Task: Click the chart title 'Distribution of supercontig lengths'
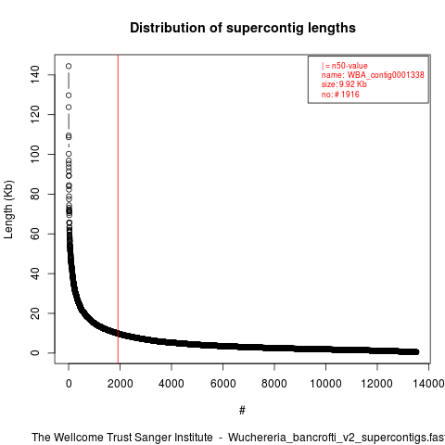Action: click(243, 28)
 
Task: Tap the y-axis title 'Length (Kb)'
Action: click(8, 210)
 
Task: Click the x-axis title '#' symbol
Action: click(242, 410)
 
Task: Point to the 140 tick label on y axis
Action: click(35, 74)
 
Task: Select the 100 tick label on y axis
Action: click(35, 154)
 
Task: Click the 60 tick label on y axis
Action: click(35, 234)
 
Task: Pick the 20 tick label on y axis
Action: click(35, 313)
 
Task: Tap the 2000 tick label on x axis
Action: click(120, 384)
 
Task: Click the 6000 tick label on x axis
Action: click(222, 384)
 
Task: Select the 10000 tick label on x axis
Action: click(325, 384)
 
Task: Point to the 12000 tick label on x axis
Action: click(376, 384)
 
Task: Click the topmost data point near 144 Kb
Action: click(69, 66)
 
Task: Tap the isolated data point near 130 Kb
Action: click(69, 95)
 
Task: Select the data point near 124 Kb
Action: click(69, 108)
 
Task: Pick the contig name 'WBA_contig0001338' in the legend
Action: click(386, 75)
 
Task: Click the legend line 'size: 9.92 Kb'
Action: click(344, 84)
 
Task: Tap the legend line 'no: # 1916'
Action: click(340, 95)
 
